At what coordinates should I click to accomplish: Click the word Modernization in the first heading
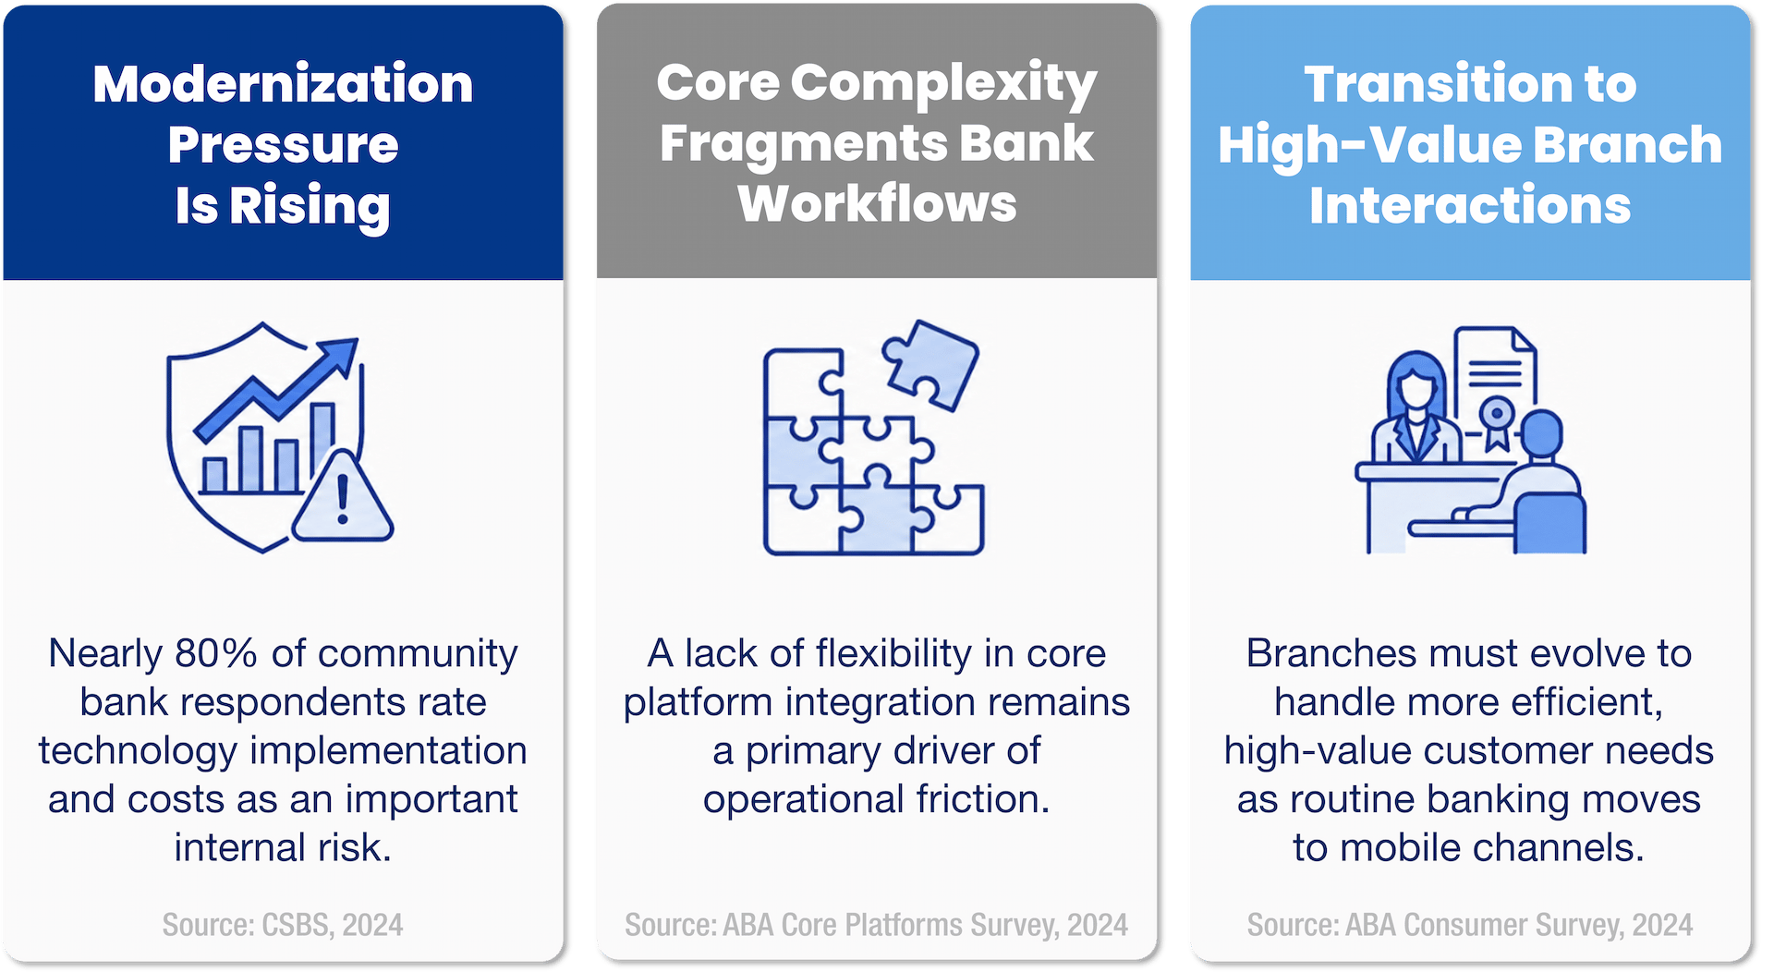[x=283, y=84]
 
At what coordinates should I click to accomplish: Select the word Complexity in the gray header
[x=943, y=84]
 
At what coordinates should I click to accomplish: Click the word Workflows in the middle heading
[x=877, y=204]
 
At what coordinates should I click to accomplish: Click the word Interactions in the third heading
[x=1469, y=204]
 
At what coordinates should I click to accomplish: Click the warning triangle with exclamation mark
[x=343, y=500]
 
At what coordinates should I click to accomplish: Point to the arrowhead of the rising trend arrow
[x=342, y=353]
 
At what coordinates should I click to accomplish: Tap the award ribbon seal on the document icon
[x=1497, y=419]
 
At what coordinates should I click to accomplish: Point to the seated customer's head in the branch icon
[x=1541, y=434]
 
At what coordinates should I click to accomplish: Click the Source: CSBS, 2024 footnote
[x=283, y=925]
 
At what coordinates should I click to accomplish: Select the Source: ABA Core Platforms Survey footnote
[x=876, y=925]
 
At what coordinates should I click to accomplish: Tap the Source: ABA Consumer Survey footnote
[x=1469, y=925]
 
